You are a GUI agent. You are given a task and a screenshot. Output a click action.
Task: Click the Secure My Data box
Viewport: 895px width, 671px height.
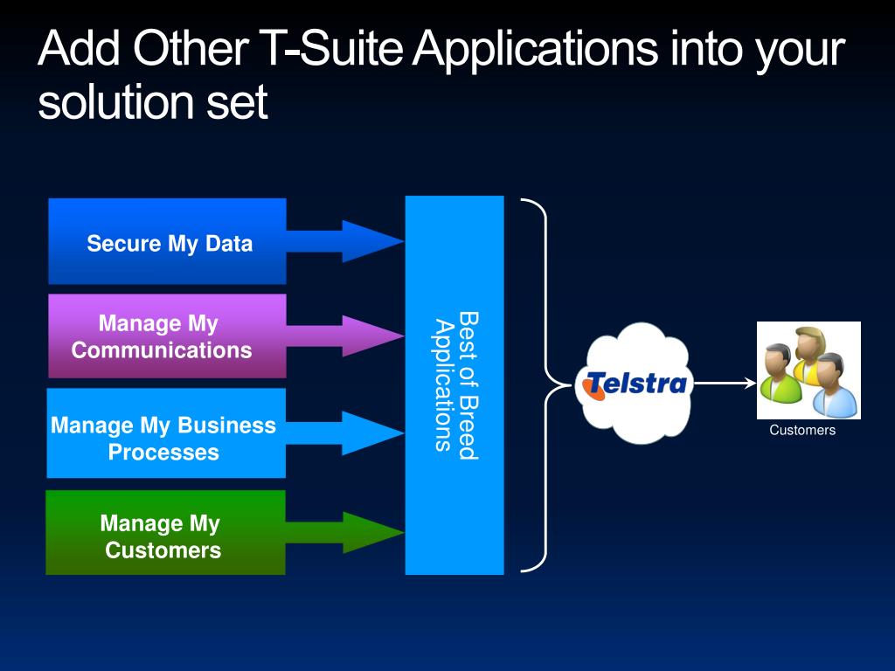[167, 241]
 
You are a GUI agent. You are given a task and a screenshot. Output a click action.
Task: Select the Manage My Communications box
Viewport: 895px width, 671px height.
[167, 336]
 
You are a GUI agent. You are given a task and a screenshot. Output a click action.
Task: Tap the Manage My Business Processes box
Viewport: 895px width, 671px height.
[166, 433]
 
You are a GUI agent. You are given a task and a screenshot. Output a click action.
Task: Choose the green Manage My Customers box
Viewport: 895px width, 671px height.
[165, 532]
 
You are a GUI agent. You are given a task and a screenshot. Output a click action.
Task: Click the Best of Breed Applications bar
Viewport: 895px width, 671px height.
[454, 385]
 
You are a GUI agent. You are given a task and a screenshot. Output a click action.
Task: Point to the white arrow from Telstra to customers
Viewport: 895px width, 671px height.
[725, 383]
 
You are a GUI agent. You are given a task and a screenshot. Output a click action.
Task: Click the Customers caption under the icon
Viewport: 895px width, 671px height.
[802, 430]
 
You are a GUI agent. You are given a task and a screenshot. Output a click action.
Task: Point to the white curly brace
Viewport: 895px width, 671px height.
[544, 384]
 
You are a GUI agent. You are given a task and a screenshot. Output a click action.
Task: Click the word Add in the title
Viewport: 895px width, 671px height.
[80, 48]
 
